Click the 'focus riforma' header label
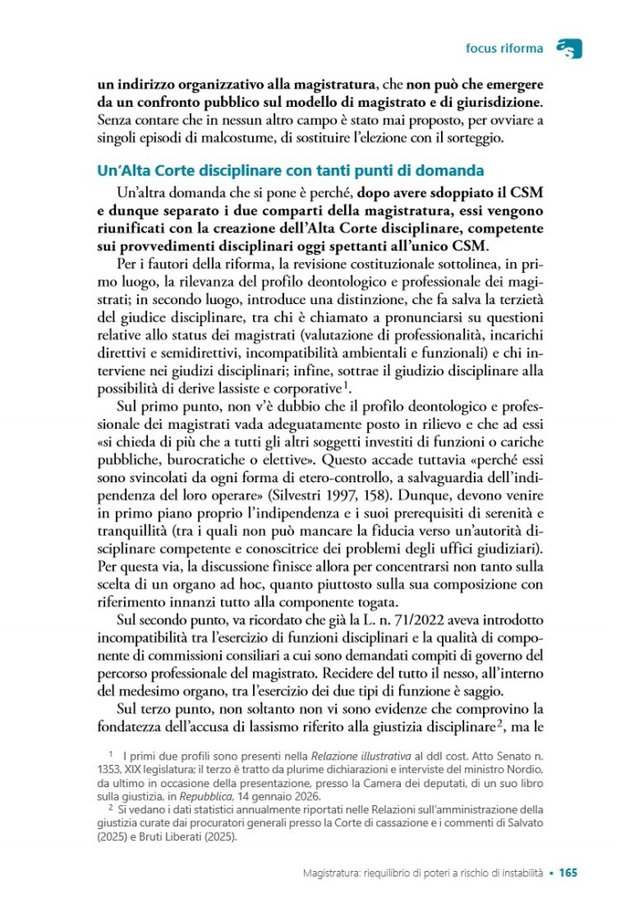coord(504,47)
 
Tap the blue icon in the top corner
coord(567,48)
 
